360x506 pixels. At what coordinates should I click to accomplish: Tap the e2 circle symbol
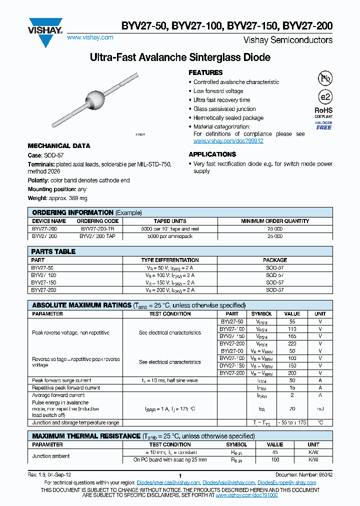[x=324, y=97]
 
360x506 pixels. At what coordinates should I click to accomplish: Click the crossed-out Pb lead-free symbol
[x=324, y=78]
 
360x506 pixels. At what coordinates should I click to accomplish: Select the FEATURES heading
[x=205, y=73]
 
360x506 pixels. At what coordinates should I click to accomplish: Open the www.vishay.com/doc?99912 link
[x=228, y=141]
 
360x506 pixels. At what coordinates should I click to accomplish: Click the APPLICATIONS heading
[x=212, y=154]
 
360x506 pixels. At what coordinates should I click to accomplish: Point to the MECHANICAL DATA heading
[x=59, y=146]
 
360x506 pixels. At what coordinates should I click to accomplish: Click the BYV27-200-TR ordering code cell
[x=97, y=228]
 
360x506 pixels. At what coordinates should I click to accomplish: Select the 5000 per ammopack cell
[x=170, y=235]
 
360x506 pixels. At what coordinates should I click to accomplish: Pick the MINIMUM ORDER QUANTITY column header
[x=275, y=221]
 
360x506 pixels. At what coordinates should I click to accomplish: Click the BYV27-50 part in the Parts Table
[x=42, y=268]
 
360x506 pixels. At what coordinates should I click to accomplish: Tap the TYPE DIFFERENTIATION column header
[x=170, y=260]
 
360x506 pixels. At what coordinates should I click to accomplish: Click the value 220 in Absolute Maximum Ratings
[x=292, y=344]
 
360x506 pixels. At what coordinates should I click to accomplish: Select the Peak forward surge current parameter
[x=61, y=380]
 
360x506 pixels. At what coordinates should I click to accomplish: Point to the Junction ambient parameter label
[x=51, y=455]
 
